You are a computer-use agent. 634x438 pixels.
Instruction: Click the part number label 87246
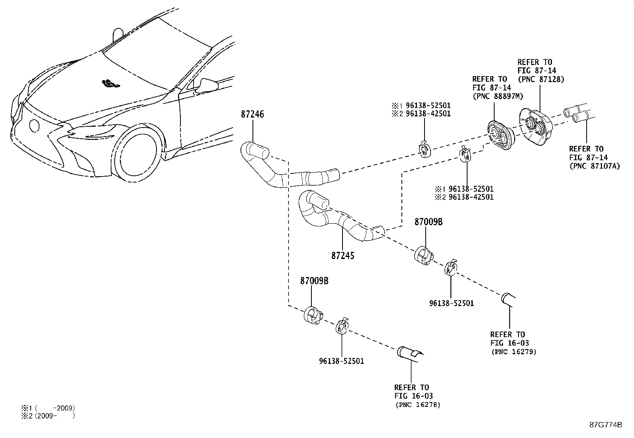tap(252, 114)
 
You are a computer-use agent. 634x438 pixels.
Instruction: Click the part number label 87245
tap(342, 255)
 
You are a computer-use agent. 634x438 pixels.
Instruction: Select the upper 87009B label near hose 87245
tap(428, 222)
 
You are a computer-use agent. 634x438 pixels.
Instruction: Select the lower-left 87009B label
tap(314, 281)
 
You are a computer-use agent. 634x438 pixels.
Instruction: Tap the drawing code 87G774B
tap(605, 424)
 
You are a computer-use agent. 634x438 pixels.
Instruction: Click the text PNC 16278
tap(418, 405)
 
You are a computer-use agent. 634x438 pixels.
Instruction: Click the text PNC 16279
tap(514, 352)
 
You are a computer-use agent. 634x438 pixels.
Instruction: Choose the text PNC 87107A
tap(595, 166)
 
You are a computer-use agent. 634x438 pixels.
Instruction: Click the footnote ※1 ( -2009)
tap(48, 408)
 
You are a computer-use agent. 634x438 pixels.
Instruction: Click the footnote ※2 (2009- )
tap(48, 416)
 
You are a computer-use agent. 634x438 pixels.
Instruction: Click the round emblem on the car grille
tap(34, 126)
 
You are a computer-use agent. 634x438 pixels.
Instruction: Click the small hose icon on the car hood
tap(110, 84)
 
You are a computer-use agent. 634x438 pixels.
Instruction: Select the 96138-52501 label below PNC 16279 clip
tap(452, 303)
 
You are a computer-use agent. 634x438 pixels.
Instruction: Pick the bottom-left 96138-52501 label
tap(341, 361)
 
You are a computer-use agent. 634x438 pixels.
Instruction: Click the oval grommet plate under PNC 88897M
tap(500, 136)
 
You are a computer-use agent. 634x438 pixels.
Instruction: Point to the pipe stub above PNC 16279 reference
tap(508, 298)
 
